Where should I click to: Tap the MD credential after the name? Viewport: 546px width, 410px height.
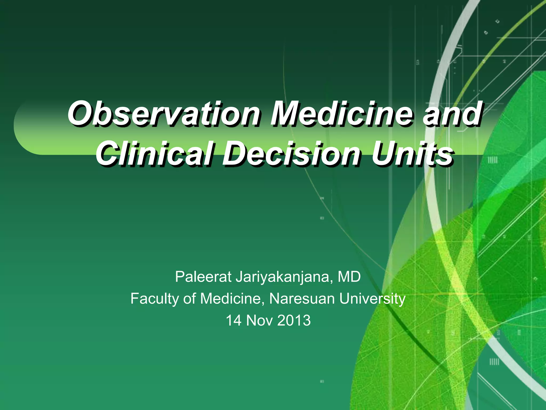349,277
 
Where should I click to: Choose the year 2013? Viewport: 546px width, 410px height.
294,320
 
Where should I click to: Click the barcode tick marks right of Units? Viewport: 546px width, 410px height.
492,160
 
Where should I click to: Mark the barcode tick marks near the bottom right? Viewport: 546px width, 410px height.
494,362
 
